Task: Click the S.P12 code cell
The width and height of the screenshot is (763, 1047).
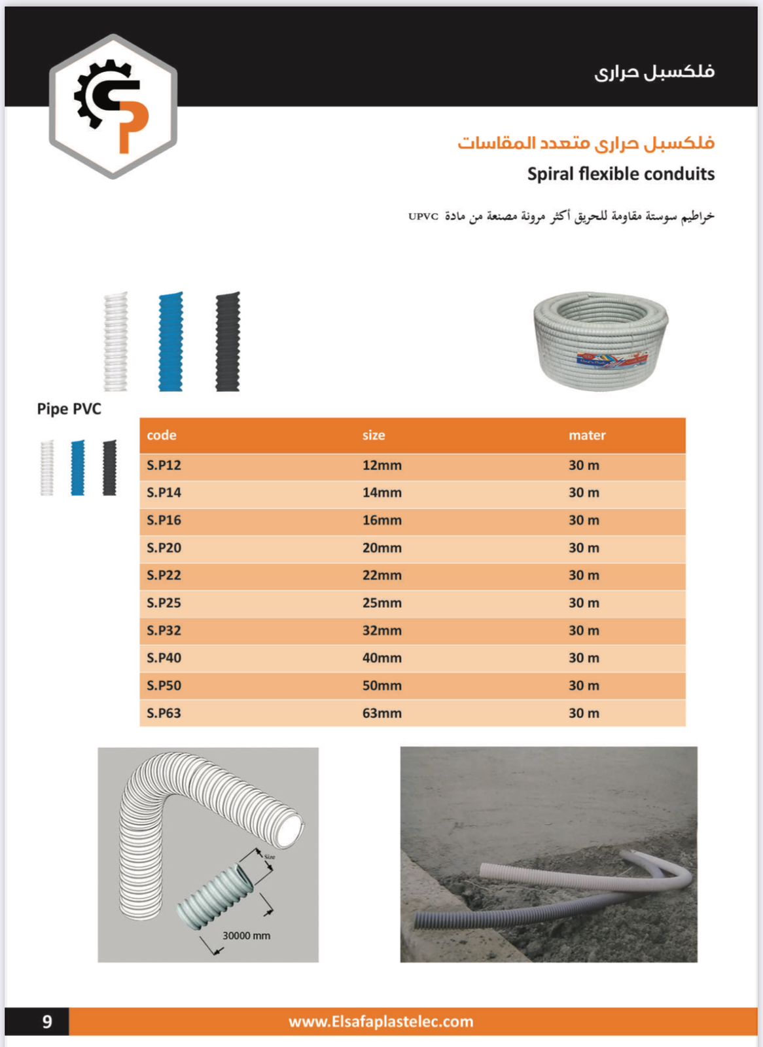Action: tap(164, 466)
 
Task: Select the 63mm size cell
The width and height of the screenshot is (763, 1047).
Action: tap(382, 713)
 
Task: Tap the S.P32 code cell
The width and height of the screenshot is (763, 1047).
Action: tap(164, 631)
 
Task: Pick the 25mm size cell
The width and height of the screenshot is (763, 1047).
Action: tap(382, 603)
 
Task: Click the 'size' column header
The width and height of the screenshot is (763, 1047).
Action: tap(374, 435)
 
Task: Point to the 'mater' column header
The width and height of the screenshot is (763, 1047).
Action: tap(587, 435)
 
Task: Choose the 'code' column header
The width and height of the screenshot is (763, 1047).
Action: tap(162, 435)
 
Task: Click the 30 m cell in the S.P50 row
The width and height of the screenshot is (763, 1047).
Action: tap(584, 686)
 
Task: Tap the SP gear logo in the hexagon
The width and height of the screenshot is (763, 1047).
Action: tap(113, 106)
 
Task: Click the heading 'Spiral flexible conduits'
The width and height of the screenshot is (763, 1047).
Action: tap(621, 174)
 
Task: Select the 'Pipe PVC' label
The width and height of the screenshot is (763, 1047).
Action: tap(69, 409)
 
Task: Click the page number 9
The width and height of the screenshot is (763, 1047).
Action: tap(47, 1021)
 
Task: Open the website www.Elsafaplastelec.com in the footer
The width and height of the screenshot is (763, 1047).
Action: tap(381, 1021)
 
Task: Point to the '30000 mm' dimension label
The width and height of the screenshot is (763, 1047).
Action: tap(246, 936)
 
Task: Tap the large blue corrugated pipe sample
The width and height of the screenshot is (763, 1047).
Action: tap(171, 342)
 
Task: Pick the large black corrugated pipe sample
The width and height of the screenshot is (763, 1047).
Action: tap(228, 342)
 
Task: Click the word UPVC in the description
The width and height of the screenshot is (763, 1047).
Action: tap(423, 217)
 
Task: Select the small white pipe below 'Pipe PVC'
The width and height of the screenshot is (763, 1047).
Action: tap(47, 467)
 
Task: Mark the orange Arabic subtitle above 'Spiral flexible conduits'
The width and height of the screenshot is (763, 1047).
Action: tap(586, 143)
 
